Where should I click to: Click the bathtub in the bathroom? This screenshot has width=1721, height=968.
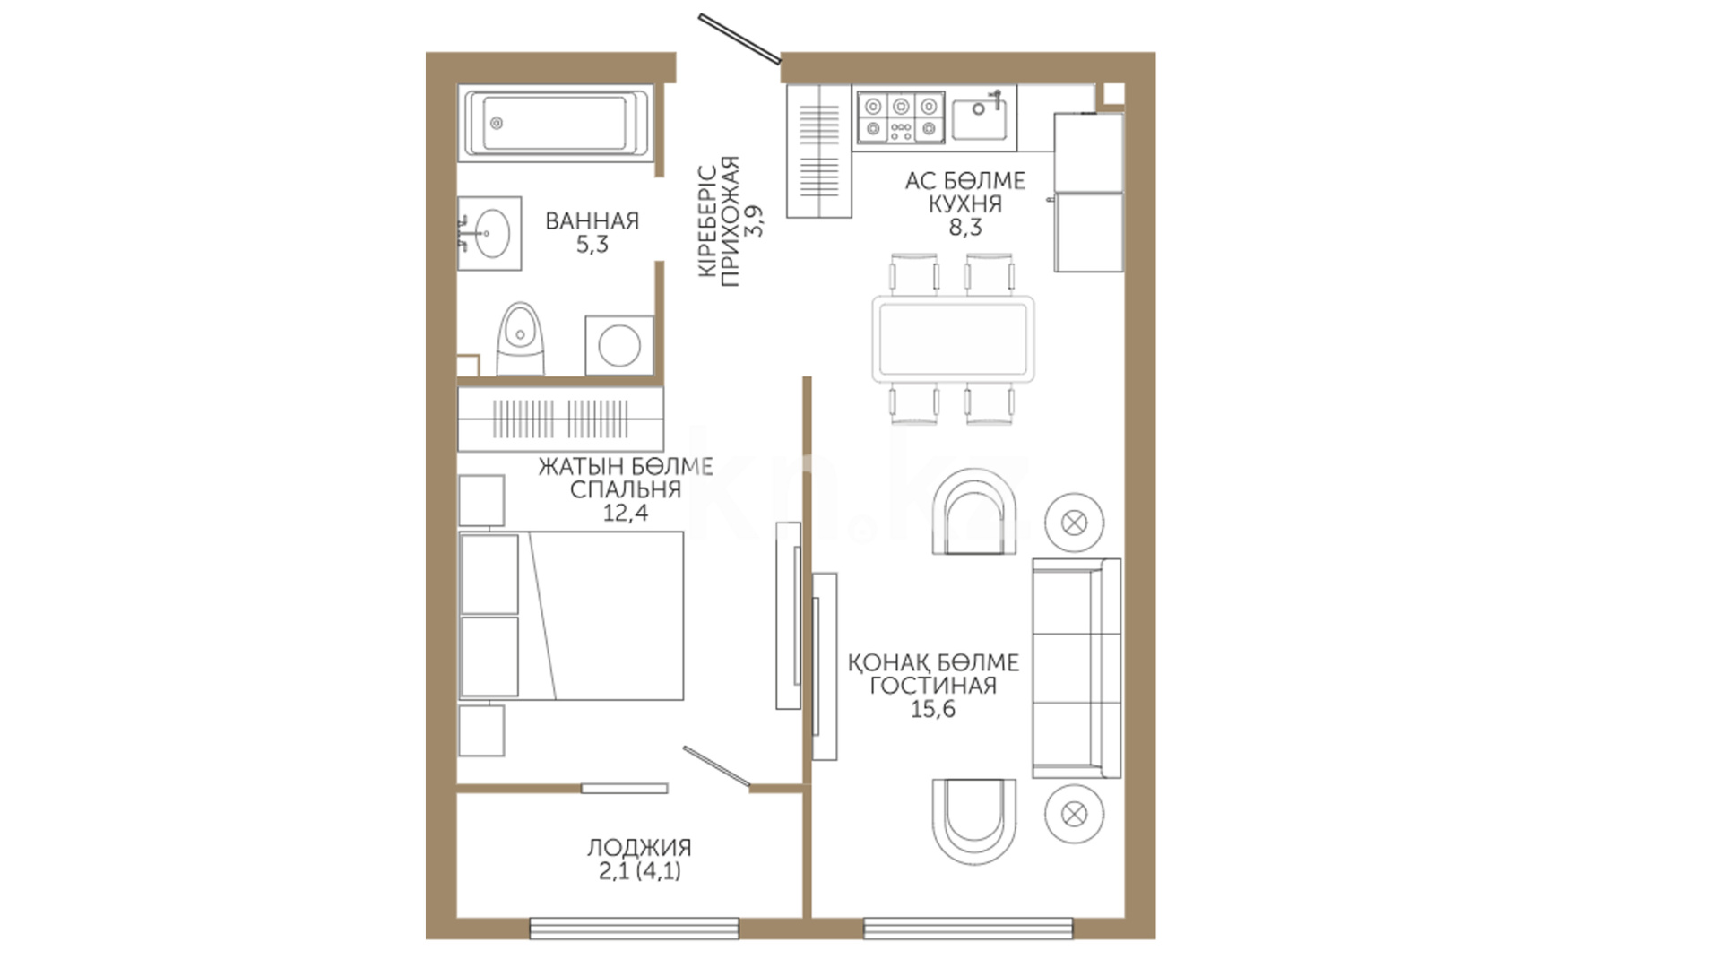coord(555,123)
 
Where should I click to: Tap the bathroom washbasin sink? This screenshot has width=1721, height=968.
coord(489,233)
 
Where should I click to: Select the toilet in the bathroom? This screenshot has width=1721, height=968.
coord(520,340)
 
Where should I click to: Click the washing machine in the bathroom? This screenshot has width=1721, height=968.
coord(619,345)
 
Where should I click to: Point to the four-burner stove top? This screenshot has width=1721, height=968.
coord(900,118)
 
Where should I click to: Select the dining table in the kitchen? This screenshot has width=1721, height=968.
coord(953,339)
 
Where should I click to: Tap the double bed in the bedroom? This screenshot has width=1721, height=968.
coord(571,616)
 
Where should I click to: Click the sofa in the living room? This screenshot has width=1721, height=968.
coord(1077,668)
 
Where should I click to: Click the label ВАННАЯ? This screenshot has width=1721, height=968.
coord(592,220)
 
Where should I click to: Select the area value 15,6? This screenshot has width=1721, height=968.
coord(933,709)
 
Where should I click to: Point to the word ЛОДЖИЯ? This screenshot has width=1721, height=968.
coord(639,847)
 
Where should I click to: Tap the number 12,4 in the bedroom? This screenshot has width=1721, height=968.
coord(626,513)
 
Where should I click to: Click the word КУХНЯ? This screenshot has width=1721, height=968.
coord(965,204)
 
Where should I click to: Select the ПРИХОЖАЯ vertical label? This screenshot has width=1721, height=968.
coord(731,221)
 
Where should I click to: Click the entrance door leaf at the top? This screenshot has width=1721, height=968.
coord(739,39)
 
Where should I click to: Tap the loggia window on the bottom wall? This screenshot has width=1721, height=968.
coord(635,928)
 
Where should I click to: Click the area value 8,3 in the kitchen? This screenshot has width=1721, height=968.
coord(965,228)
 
